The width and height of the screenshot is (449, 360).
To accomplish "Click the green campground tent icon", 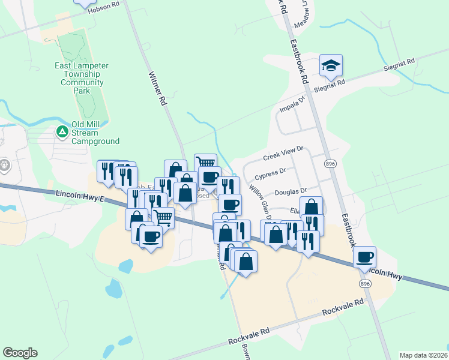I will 61,131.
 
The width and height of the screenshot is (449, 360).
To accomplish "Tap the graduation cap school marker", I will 331,66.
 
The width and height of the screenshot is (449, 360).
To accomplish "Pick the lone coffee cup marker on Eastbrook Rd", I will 364,258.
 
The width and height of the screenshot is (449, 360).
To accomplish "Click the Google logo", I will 20,353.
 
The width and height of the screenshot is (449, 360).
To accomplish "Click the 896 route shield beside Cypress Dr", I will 330,164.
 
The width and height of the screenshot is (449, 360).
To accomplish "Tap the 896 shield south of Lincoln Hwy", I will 366,283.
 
